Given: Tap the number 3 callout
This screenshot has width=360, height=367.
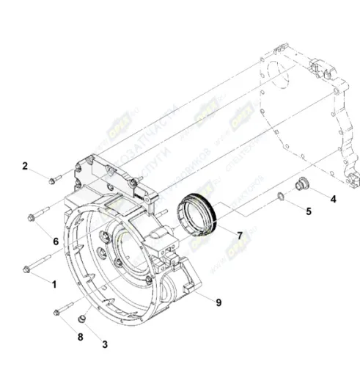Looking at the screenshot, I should tap(104, 343).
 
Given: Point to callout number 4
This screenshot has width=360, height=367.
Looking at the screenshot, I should tap(333, 198).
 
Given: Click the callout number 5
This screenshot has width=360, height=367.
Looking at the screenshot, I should tap(309, 211).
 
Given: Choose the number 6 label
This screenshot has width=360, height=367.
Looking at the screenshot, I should tap(55, 241).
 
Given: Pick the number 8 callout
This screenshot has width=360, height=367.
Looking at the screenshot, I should tap(80, 337).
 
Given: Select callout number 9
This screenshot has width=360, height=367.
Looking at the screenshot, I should tap(218, 302).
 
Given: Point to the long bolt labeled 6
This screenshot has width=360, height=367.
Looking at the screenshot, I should tap(38, 216).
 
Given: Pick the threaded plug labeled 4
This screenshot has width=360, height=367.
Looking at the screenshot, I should tap(300, 184).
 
